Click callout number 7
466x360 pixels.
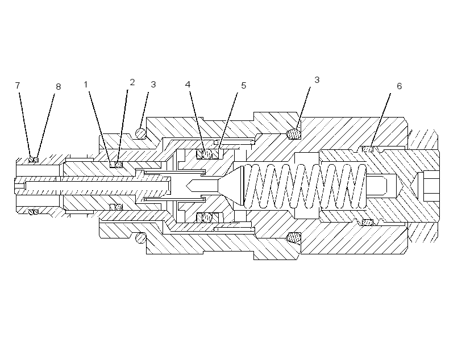point(18,86)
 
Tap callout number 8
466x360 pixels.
point(58,87)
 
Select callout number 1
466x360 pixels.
point(86,85)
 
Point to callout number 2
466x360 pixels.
point(132,82)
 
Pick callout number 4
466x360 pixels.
point(188,85)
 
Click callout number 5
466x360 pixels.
point(243,86)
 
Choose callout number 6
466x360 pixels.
point(399,86)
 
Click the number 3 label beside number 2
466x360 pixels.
point(153,85)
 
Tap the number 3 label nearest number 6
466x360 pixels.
point(317,80)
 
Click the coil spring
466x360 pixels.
point(305,186)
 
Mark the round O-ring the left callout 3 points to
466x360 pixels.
point(140,133)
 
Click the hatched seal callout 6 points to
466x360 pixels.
point(368,149)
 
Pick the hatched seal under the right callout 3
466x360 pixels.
point(294,133)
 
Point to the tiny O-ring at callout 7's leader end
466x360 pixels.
point(31,160)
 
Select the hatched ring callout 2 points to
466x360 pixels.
point(119,165)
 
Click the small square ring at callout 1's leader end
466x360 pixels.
point(113,165)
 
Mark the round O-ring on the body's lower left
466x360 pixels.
point(140,237)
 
